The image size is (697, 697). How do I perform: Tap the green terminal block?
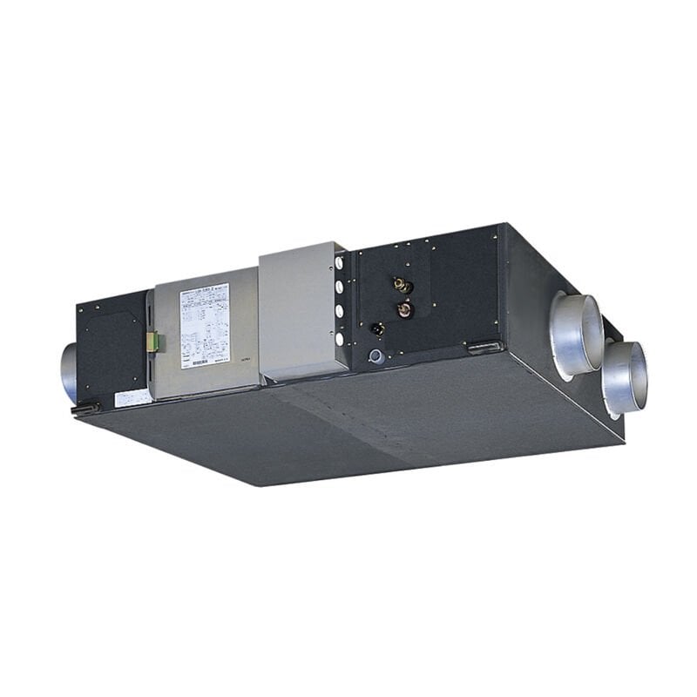pyautogui.click(x=152, y=342)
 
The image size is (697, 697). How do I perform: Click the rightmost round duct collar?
pyautogui.click(x=624, y=377)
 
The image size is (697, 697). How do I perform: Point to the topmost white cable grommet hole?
pyautogui.click(x=340, y=262)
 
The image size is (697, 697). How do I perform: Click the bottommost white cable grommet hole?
pyautogui.click(x=340, y=335)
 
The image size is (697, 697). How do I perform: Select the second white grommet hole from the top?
pyautogui.click(x=340, y=286)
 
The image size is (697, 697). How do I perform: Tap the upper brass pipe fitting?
pyautogui.click(x=403, y=285)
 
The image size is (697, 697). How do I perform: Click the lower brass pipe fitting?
pyautogui.click(x=403, y=308)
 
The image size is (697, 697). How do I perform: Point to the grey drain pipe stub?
pyautogui.click(x=375, y=356)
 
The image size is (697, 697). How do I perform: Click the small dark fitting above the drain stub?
pyautogui.click(x=377, y=329)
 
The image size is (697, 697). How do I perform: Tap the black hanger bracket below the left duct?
pyautogui.click(x=85, y=406)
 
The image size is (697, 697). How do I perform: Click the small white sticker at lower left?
pyautogui.click(x=132, y=398)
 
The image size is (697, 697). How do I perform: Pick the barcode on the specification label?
pyautogui.click(x=200, y=360)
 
